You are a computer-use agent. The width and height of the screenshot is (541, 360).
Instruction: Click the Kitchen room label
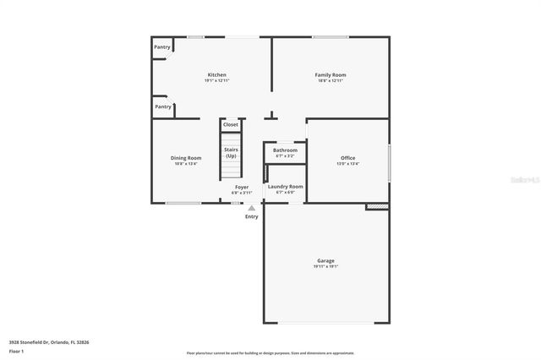216,74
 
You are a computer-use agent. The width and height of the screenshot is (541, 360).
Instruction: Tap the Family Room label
331,74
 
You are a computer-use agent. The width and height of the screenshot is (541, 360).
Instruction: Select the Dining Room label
186,157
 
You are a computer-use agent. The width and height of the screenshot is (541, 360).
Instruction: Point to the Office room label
347,157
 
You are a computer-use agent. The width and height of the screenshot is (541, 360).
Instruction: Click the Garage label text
325,260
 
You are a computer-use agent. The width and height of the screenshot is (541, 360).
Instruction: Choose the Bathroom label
285,150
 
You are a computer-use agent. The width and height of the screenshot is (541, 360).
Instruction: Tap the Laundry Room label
285,186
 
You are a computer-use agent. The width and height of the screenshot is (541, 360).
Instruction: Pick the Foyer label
242,186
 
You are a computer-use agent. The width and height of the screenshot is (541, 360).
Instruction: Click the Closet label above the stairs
231,124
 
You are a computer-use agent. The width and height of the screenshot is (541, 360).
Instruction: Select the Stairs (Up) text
231,152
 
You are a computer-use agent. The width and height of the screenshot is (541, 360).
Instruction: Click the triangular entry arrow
251,207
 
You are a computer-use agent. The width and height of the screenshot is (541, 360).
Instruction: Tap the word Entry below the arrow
251,216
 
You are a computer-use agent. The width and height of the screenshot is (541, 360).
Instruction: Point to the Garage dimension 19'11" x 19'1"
325,267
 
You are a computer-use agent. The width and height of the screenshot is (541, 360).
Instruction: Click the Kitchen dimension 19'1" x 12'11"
216,81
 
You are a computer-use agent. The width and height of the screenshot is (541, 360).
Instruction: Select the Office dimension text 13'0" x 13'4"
347,164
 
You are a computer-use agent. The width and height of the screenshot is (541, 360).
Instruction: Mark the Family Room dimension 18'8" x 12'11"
331,81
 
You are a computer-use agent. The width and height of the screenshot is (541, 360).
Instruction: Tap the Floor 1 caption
16,350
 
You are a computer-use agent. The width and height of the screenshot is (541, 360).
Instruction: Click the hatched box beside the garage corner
377,205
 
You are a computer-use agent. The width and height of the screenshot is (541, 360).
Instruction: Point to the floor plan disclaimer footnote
270,353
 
